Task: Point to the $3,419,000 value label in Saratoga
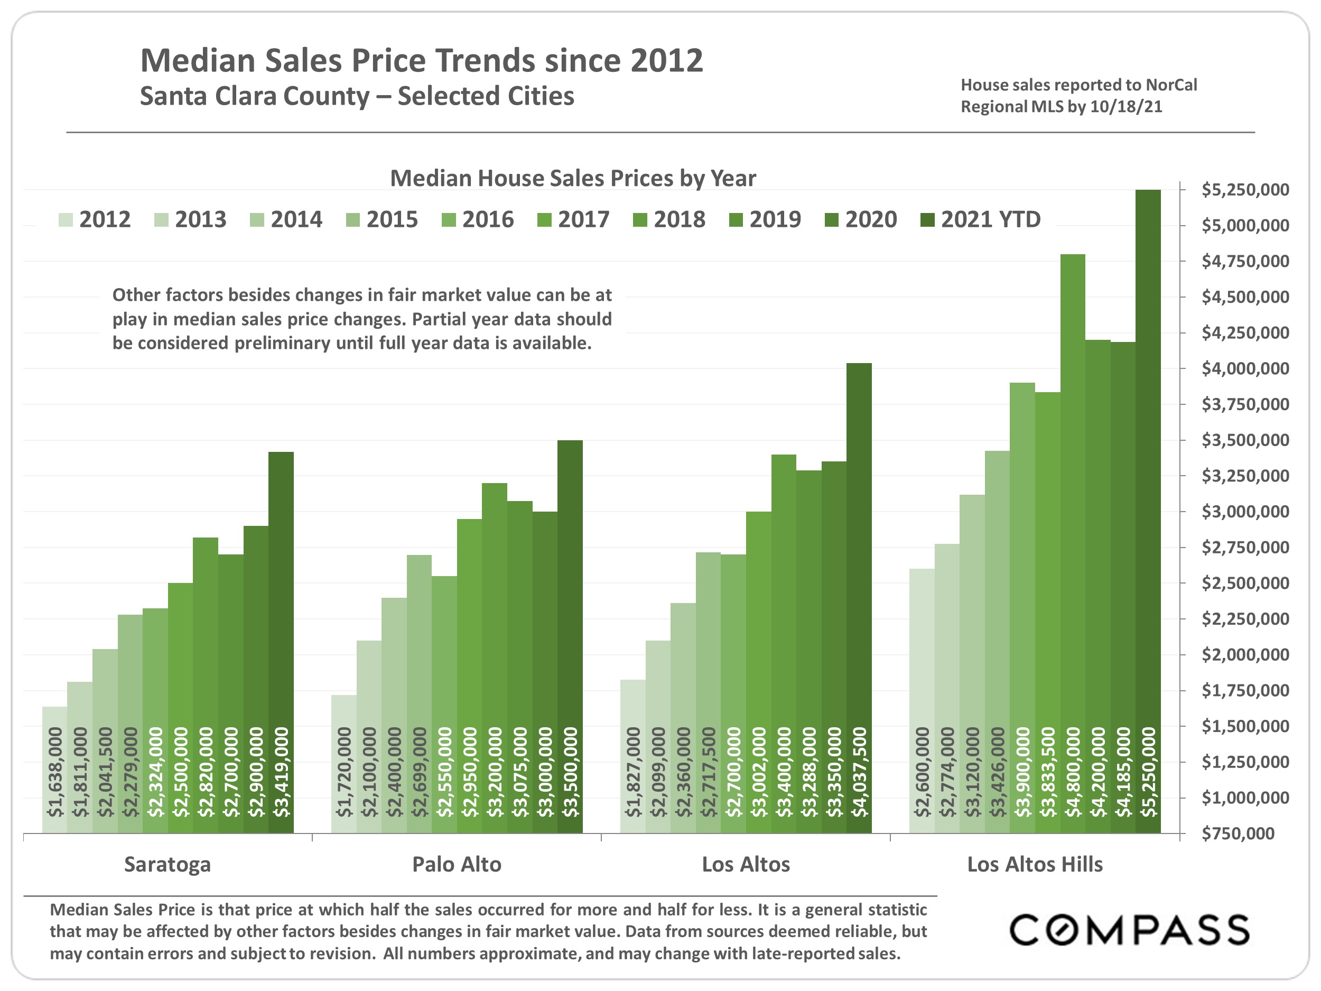(281, 772)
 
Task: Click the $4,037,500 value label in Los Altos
(859, 772)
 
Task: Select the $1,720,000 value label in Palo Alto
(344, 772)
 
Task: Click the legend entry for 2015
(382, 220)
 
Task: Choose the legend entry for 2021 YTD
(981, 220)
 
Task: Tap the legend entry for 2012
(95, 220)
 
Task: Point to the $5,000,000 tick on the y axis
(1244, 226)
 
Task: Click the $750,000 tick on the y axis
(1238, 833)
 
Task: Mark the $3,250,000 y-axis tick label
(1244, 476)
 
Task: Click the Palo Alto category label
(457, 864)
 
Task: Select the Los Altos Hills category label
(1035, 864)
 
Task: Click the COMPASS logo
(1129, 930)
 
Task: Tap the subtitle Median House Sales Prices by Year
(573, 179)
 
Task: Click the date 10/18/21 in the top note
(1125, 107)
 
